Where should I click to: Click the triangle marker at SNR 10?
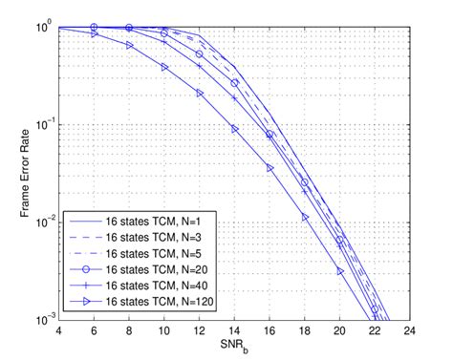[x=164, y=68]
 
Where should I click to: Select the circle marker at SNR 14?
[x=234, y=83]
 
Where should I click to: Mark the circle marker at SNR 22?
[x=376, y=309]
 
